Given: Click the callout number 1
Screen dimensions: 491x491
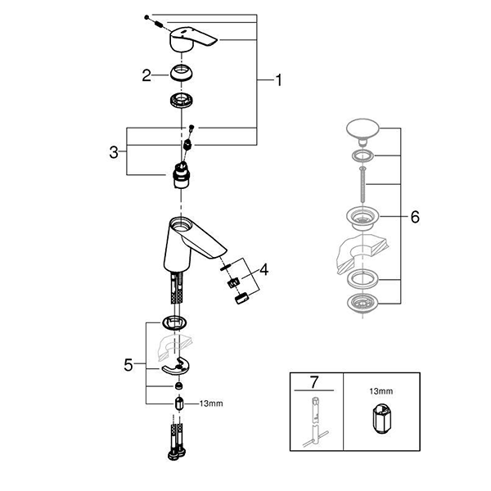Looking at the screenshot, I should click(278, 80).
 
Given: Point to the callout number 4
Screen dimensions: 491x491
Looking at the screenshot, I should click(264, 268).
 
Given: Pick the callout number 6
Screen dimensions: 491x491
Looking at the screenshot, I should click(414, 218).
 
